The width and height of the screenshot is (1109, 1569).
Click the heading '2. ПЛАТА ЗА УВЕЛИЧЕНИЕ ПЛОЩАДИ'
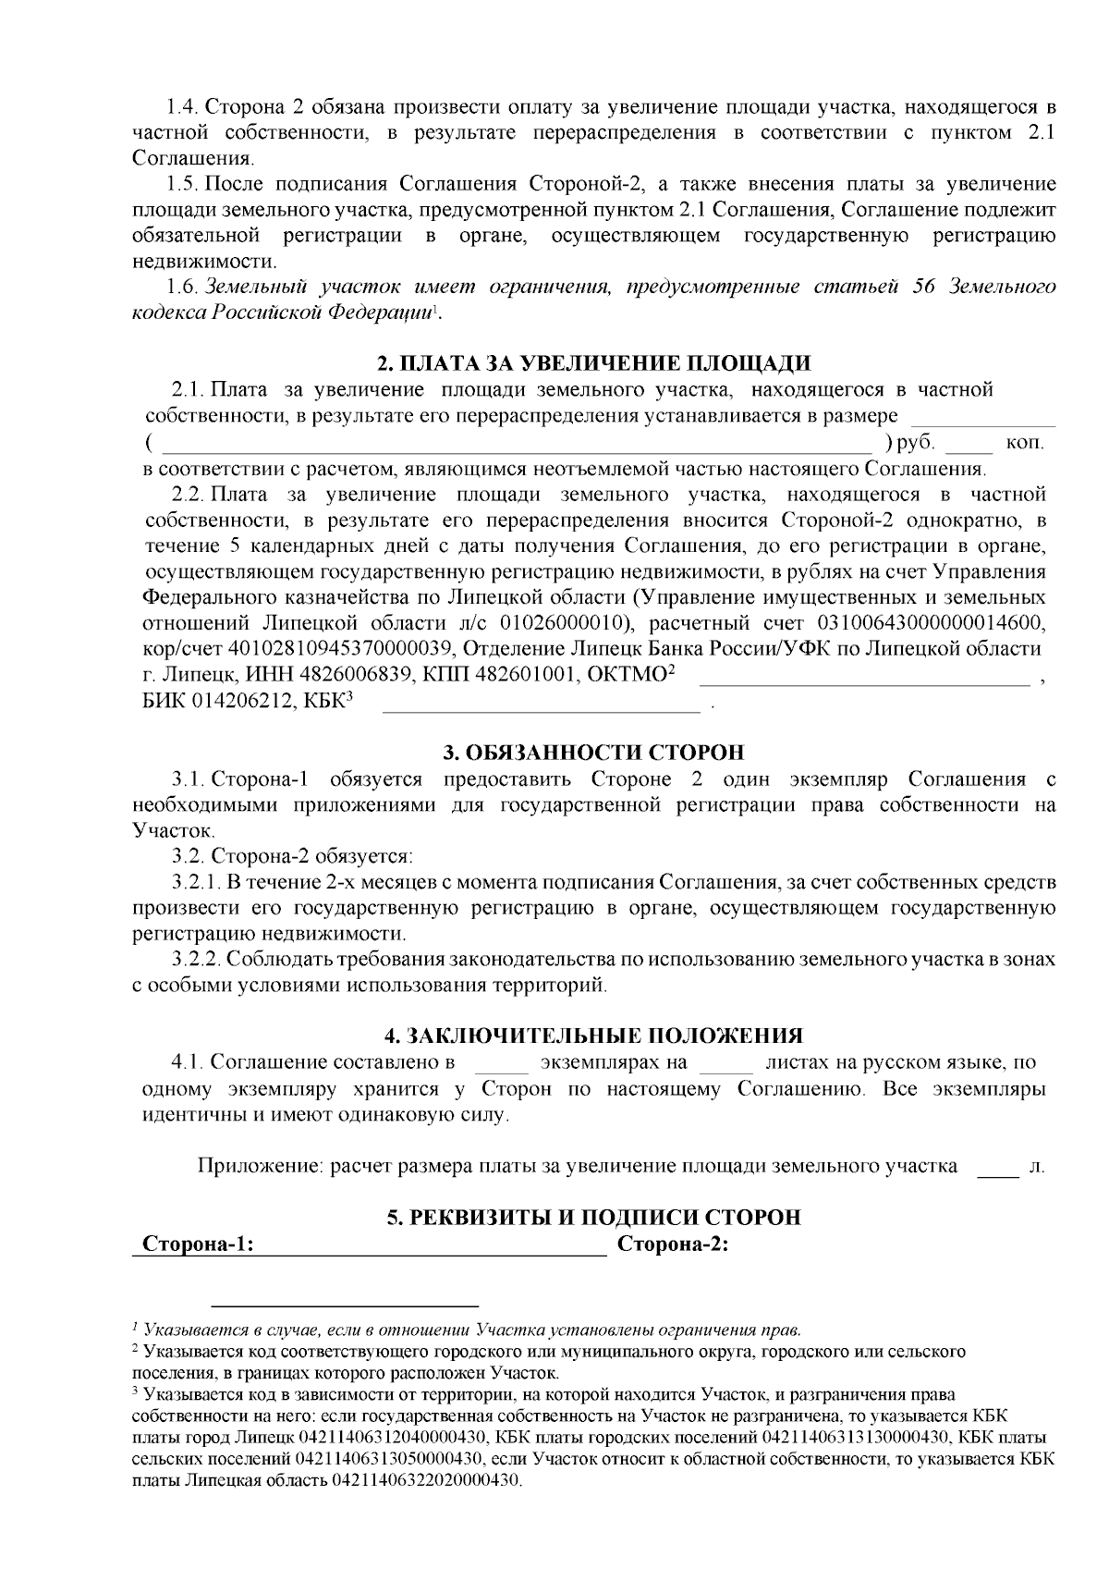point(594,362)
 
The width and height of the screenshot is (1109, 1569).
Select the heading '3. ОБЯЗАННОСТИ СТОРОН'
point(594,752)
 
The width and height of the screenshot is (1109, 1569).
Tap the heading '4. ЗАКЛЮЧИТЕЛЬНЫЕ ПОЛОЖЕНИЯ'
point(594,1035)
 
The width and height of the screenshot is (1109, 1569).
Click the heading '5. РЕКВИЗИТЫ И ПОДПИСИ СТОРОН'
point(594,1217)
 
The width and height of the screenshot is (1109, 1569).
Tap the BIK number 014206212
point(234,702)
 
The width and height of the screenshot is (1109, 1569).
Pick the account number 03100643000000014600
point(926,622)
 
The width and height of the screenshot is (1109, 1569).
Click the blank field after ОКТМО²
point(864,680)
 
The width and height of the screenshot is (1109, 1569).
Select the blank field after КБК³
point(542,706)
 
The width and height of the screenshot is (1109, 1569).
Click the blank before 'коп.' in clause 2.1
point(969,447)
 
